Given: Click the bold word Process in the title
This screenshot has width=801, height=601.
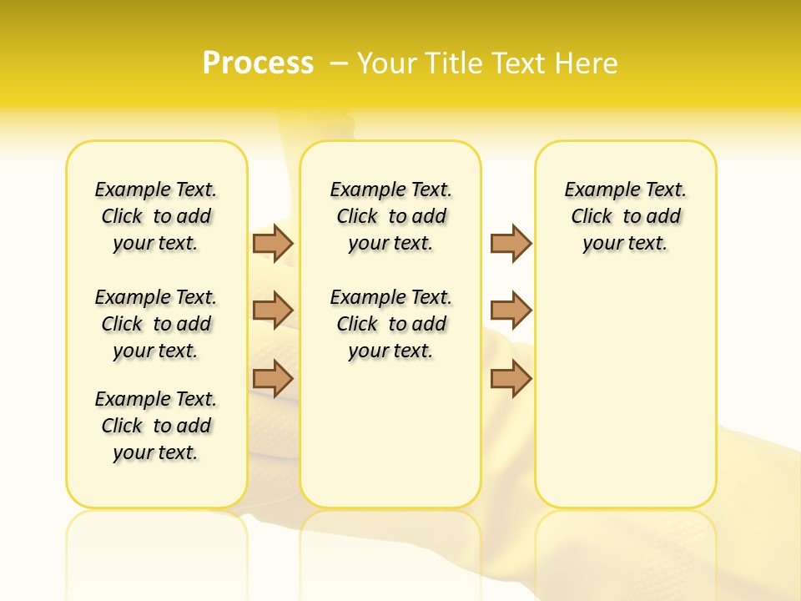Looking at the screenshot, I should pyautogui.click(x=258, y=63).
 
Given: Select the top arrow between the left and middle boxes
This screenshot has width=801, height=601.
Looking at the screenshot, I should pyautogui.click(x=273, y=244).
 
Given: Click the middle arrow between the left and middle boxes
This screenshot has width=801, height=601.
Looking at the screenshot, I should pyautogui.click(x=273, y=311).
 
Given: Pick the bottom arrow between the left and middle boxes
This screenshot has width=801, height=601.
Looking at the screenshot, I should pyautogui.click(x=273, y=377).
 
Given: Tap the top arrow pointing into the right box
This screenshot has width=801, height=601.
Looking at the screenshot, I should pyautogui.click(x=511, y=244).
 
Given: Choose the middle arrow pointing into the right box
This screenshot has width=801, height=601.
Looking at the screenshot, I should pyautogui.click(x=511, y=311).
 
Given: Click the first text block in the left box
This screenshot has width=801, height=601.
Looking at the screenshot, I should pyautogui.click(x=156, y=216).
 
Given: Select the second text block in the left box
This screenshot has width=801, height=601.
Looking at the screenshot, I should pyautogui.click(x=156, y=324).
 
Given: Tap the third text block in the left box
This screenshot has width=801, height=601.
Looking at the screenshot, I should pyautogui.click(x=156, y=426).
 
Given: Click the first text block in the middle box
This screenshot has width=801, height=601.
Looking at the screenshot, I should pyautogui.click(x=390, y=216).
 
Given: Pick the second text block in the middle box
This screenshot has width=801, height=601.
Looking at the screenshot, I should pyautogui.click(x=390, y=324).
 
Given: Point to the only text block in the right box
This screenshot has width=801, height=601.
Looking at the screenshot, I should pyautogui.click(x=625, y=216).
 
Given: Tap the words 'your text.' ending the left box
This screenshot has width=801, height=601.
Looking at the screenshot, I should pyautogui.click(x=156, y=452).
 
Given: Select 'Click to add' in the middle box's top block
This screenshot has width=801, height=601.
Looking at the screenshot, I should pyautogui.click(x=390, y=217).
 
